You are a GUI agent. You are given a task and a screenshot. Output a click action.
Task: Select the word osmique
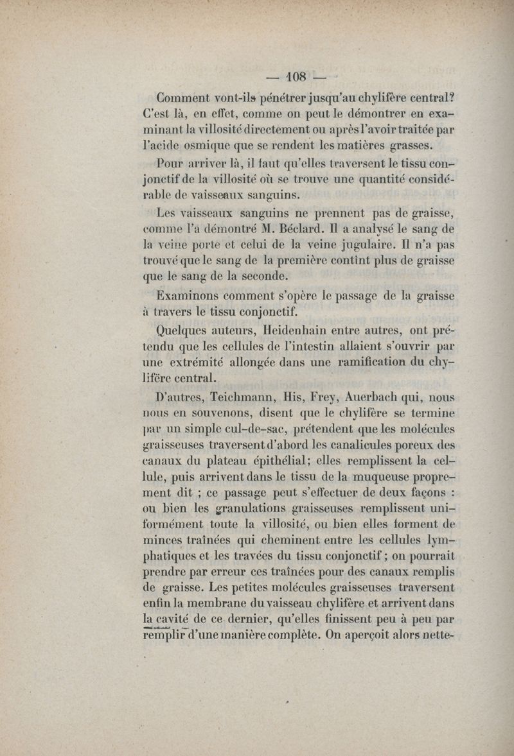coord(206,146)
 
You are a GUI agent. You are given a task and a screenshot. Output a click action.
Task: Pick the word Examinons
coord(188,296)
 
